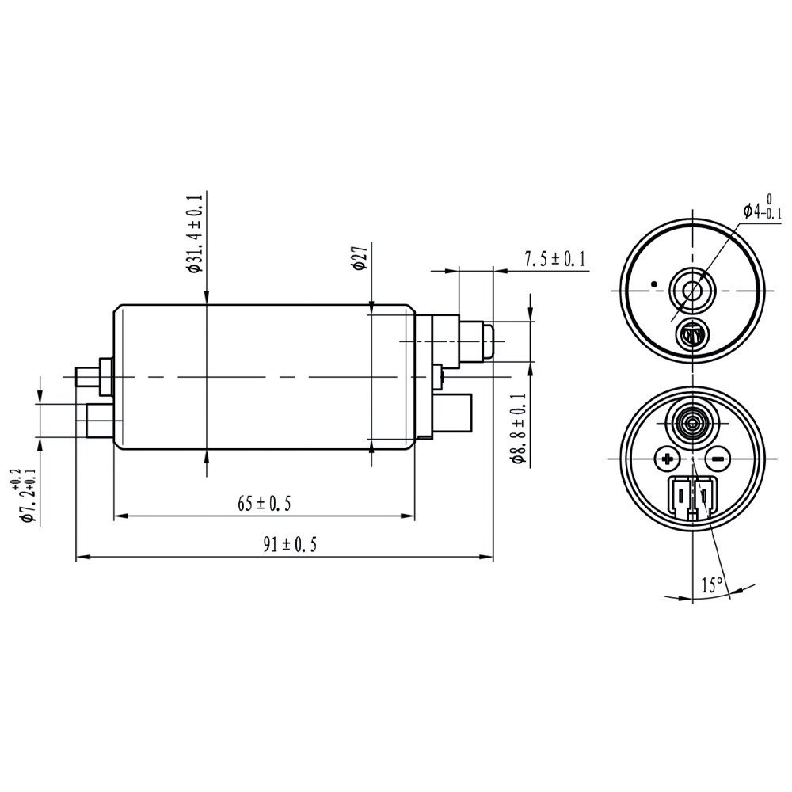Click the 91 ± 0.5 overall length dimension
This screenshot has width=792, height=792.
tap(284, 546)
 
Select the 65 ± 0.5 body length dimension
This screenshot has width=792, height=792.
tap(264, 504)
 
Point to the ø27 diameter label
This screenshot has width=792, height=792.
tap(358, 258)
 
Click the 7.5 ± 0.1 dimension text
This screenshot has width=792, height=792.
tap(554, 259)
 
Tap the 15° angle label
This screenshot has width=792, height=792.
tap(711, 585)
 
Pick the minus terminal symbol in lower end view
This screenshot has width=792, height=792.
tap(717, 459)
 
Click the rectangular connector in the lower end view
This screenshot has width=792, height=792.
tap(693, 499)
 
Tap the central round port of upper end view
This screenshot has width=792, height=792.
tap(692, 291)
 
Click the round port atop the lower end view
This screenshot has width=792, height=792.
tap(693, 421)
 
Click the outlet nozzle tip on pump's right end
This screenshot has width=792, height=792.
tap(488, 341)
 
